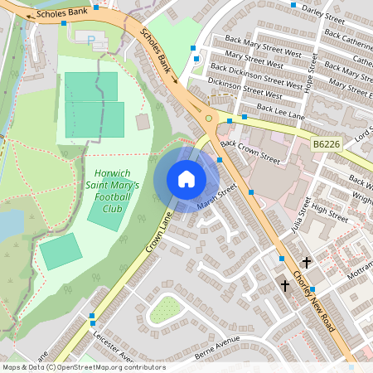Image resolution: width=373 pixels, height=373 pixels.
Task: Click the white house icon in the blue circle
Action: pyautogui.click(x=186, y=179)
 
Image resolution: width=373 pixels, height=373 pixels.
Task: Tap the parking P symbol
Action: pyautogui.click(x=91, y=39)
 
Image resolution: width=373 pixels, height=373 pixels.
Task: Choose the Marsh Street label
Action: pyautogui.click(x=218, y=196)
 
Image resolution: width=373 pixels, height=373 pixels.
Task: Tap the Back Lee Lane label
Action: pyautogui.click(x=280, y=113)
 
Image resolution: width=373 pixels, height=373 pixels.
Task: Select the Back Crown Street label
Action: pyautogui.click(x=252, y=148)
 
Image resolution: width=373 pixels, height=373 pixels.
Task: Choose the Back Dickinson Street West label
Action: pyautogui.click(x=256, y=75)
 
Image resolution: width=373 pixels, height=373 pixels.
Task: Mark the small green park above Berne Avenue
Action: pyautogui.click(x=166, y=310)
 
